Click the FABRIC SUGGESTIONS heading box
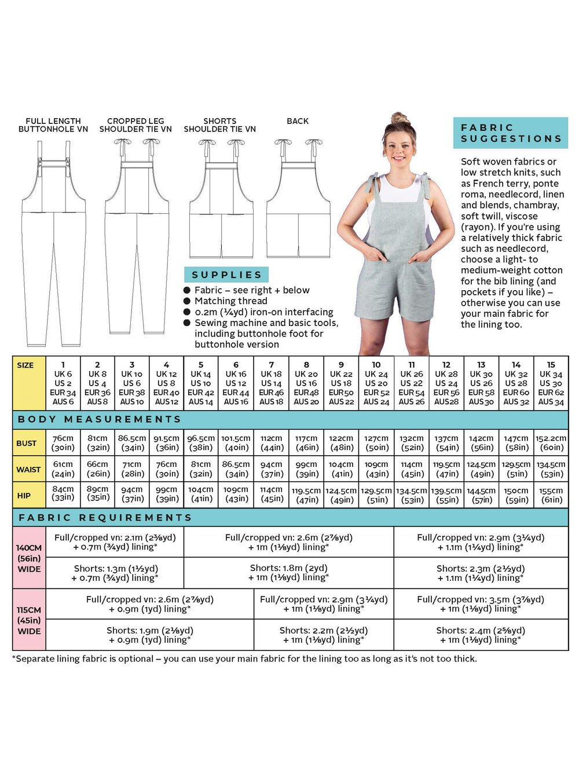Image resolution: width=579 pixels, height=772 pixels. (x=511, y=133)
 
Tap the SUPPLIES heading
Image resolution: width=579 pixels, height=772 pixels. (x=226, y=275)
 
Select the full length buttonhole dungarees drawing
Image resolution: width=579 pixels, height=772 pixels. (x=53, y=243)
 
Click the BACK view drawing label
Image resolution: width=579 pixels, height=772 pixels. (x=298, y=121)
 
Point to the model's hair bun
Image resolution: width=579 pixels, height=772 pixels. (x=400, y=119)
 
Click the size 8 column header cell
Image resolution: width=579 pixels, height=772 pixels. (x=306, y=383)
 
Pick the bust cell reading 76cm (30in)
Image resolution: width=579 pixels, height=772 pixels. (x=63, y=443)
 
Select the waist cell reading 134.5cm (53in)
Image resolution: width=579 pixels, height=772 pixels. (x=550, y=469)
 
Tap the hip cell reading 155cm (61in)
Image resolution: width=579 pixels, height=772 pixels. (x=550, y=495)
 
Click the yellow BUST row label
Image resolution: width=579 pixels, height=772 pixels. (x=27, y=443)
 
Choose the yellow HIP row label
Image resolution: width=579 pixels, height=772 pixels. (x=24, y=496)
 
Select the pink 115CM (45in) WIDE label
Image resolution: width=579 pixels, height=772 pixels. (x=29, y=620)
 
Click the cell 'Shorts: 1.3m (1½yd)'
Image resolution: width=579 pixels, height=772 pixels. (x=115, y=573)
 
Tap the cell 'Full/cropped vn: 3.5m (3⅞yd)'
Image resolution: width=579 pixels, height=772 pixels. (x=481, y=604)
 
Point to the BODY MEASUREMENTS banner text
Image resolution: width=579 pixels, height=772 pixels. (x=100, y=419)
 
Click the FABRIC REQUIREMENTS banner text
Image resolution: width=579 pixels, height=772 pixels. (x=105, y=517)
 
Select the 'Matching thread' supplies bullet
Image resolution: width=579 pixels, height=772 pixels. (x=230, y=301)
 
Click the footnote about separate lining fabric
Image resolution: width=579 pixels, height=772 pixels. (x=244, y=658)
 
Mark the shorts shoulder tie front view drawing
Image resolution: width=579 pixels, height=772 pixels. (x=221, y=200)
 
